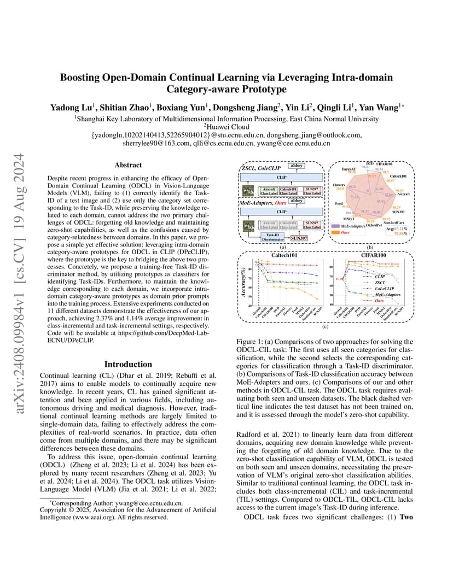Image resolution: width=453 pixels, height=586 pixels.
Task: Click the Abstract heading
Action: tap(128, 165)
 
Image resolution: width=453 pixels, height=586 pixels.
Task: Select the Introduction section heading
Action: tap(128, 364)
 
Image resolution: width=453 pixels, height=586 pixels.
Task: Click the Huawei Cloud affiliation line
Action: tap(226, 126)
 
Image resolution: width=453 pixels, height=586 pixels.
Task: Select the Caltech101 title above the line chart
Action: tap(285, 255)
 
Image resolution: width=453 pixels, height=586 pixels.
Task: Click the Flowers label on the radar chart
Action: tap(339, 185)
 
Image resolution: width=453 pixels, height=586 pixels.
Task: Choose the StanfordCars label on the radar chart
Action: tap(394, 222)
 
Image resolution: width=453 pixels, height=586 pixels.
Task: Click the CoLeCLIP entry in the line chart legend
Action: tap(386, 288)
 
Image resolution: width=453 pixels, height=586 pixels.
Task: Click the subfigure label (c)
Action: tap(325, 326)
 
